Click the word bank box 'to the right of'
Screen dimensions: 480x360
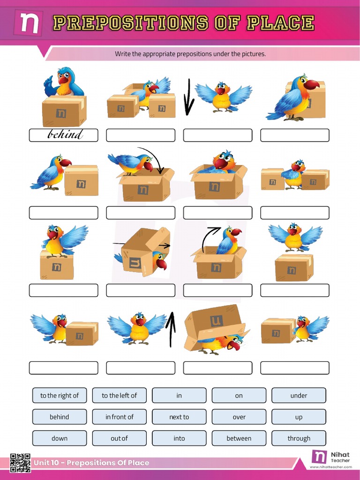(60, 395)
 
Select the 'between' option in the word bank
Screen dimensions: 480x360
(239, 438)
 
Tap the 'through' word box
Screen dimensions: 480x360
(299, 438)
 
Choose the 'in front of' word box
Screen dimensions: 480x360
(120, 417)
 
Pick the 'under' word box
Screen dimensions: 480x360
(299, 395)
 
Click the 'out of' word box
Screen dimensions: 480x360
(120, 438)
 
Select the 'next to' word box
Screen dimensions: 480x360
(179, 417)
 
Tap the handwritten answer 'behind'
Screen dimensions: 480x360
(65, 135)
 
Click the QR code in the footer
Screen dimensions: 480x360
(20, 463)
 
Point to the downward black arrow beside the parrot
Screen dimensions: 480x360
(188, 97)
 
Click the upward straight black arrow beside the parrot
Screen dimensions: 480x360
(172, 329)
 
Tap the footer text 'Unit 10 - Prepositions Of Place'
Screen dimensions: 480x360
(91, 463)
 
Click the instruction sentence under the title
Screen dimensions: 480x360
(190, 54)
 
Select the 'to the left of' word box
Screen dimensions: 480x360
(120, 395)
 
